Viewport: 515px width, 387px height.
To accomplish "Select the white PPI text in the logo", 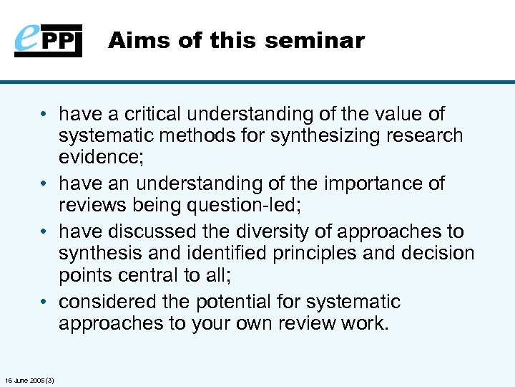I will point(63,40).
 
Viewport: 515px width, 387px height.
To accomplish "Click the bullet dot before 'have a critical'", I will point(45,115).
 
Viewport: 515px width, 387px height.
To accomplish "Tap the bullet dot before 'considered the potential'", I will point(45,302).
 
